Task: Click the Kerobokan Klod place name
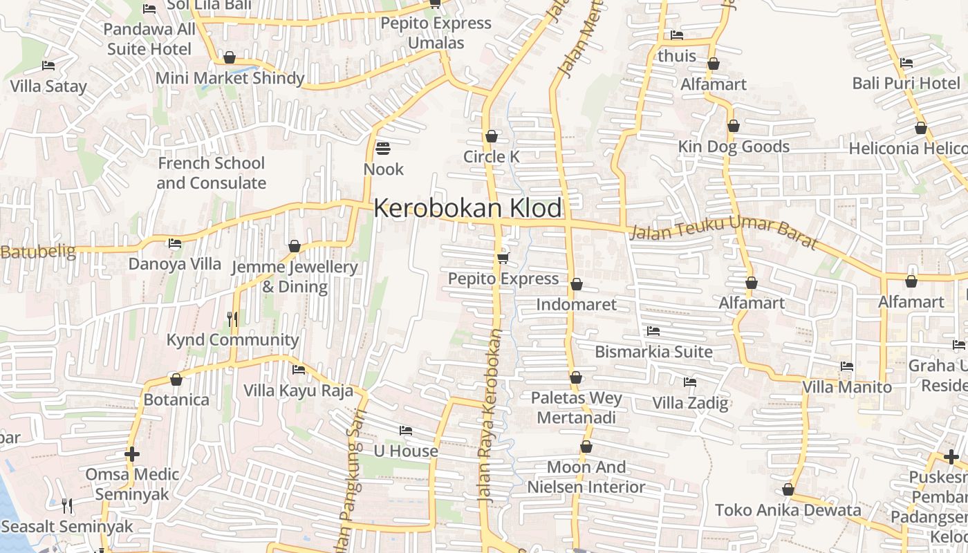coord(468,208)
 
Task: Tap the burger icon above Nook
coord(383,149)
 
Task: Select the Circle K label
coord(491,157)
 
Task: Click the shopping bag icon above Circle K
coord(492,135)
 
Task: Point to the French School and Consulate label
coord(211,173)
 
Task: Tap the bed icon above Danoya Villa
coord(175,243)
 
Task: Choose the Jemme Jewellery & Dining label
coord(295,276)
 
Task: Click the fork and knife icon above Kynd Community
coord(232,319)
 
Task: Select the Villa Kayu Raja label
coord(298,391)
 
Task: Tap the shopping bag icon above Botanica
coord(176,379)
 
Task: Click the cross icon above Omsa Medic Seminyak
coord(132,454)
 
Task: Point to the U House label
coord(406,451)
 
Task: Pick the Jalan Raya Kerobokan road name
coord(489,415)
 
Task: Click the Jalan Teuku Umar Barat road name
coord(723,235)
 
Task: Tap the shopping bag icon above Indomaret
coord(577,284)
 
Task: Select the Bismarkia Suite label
coord(653,352)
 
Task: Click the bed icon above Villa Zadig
coord(689,382)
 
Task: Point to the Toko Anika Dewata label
coord(788,511)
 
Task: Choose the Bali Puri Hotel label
coord(906,84)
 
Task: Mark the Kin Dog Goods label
coord(734,147)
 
